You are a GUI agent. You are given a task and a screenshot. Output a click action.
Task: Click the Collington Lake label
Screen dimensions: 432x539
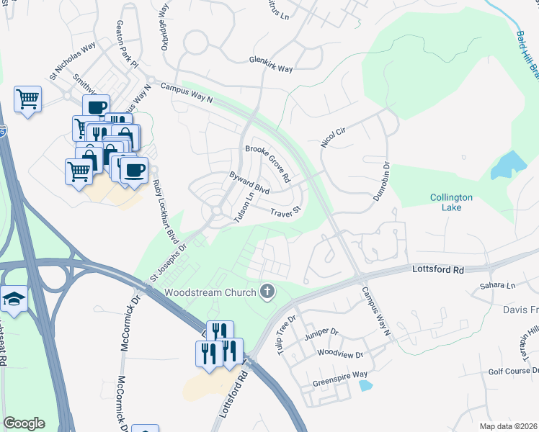coord(451,203)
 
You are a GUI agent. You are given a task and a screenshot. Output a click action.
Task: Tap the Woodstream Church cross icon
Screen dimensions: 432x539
coord(267,292)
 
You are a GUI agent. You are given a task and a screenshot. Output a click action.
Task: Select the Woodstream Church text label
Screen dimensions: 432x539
coord(210,292)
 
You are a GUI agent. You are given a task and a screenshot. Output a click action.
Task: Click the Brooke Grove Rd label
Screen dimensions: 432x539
coord(267,163)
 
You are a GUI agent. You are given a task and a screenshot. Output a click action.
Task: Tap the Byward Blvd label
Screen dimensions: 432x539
coord(249,184)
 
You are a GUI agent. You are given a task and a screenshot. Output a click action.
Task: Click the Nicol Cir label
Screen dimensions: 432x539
coord(334,135)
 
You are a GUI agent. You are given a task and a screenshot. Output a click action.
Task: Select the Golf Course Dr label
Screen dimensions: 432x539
coord(512,371)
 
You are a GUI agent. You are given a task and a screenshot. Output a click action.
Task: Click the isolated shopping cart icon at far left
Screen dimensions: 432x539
coord(27,99)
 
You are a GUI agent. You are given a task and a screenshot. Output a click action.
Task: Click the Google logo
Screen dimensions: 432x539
coord(24,423)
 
